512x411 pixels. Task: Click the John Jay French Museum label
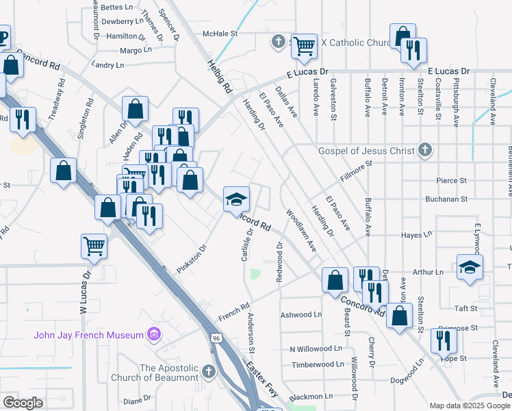(89, 334)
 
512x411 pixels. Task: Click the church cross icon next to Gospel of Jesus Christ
(425, 150)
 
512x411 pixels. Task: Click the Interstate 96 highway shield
(216, 338)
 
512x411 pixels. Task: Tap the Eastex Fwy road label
(262, 381)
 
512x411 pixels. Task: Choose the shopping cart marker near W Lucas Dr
(94, 245)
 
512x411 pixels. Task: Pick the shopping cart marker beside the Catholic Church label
(304, 46)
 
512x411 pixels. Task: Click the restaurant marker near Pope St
(444, 340)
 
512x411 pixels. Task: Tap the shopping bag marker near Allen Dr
(136, 108)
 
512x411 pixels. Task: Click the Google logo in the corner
(23, 403)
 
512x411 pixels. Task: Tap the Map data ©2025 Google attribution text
(469, 406)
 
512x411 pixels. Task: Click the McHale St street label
(219, 33)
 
